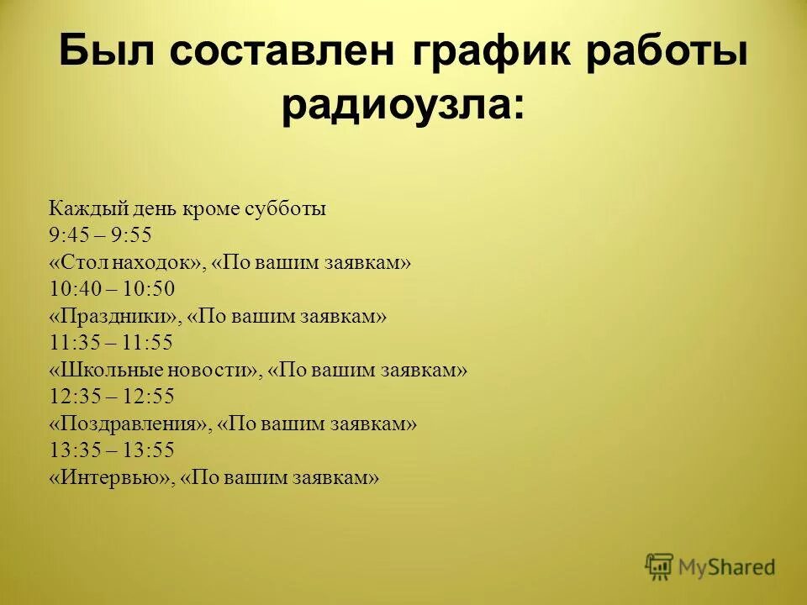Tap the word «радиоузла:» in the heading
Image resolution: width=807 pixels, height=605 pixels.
[403, 108]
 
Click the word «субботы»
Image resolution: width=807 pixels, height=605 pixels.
[286, 208]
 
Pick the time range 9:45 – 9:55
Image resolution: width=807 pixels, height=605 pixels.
[100, 235]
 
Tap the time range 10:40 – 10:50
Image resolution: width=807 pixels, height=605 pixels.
[112, 289]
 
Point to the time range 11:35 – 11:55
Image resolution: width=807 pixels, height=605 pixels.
[112, 343]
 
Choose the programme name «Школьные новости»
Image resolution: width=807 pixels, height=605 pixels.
[154, 370]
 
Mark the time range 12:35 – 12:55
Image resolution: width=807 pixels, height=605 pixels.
[112, 397]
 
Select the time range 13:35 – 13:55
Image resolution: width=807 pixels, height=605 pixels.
[112, 450]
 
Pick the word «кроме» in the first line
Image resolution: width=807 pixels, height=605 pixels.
[216, 208]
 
